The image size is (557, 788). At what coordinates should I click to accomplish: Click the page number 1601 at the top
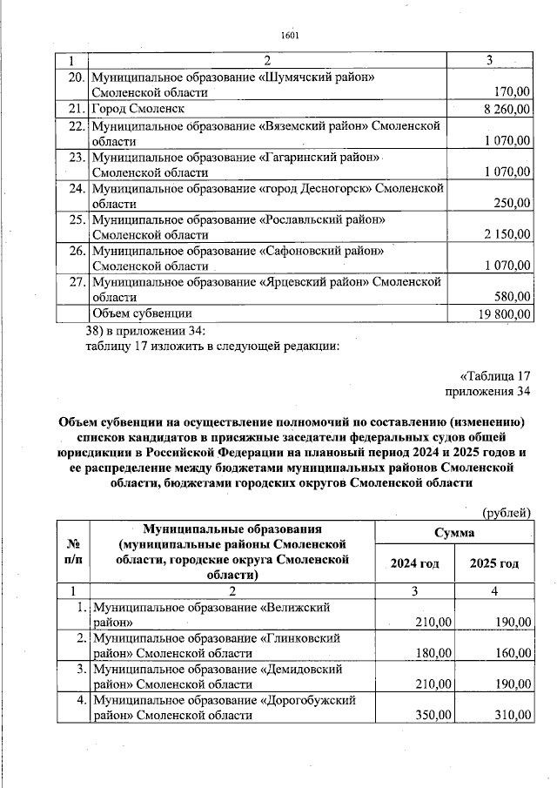[x=290, y=35]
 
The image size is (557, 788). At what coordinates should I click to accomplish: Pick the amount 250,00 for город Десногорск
[x=513, y=203]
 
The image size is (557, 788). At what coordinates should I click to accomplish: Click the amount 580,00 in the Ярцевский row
[x=513, y=297]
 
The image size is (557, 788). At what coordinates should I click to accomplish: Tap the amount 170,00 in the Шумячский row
[x=513, y=91]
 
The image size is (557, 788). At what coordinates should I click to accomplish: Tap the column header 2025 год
[x=494, y=563]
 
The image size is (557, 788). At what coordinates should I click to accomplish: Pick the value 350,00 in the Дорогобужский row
[x=433, y=715]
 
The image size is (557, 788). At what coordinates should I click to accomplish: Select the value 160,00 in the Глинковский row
[x=513, y=652]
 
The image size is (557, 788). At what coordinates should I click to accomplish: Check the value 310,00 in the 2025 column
[x=513, y=715]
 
